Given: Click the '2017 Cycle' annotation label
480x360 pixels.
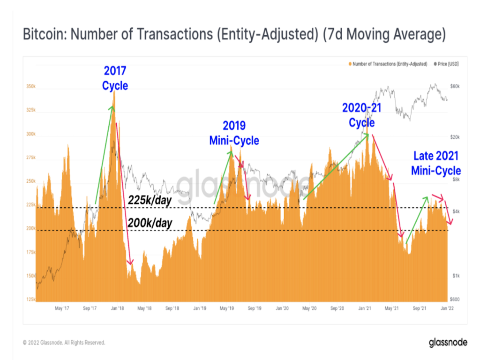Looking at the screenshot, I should tap(115, 78).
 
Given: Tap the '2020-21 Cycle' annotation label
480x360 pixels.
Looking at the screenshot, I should tap(361, 115).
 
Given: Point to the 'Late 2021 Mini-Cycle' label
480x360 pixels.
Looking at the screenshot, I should tap(436, 163).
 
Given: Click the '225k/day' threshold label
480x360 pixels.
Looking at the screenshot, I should tap(150, 201).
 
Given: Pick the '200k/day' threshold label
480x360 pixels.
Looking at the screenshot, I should tap(150, 223).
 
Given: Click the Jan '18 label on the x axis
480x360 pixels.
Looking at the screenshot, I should tap(117, 308).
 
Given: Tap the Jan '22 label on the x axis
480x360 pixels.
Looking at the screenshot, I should tap(447, 308).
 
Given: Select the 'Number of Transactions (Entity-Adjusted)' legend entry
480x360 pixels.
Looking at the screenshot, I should tap(389, 63).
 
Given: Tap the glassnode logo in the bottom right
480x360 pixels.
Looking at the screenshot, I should tap(448, 342).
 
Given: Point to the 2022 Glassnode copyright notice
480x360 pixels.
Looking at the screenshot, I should tap(64, 343).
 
